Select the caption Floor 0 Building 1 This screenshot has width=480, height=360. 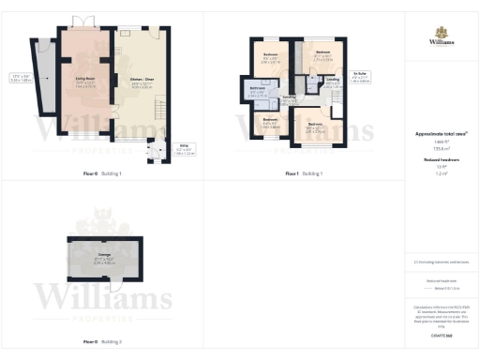point(102,174)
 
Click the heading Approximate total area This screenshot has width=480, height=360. point(442,134)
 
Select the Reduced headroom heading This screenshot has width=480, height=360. point(442,160)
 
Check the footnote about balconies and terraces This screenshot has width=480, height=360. point(442,262)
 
